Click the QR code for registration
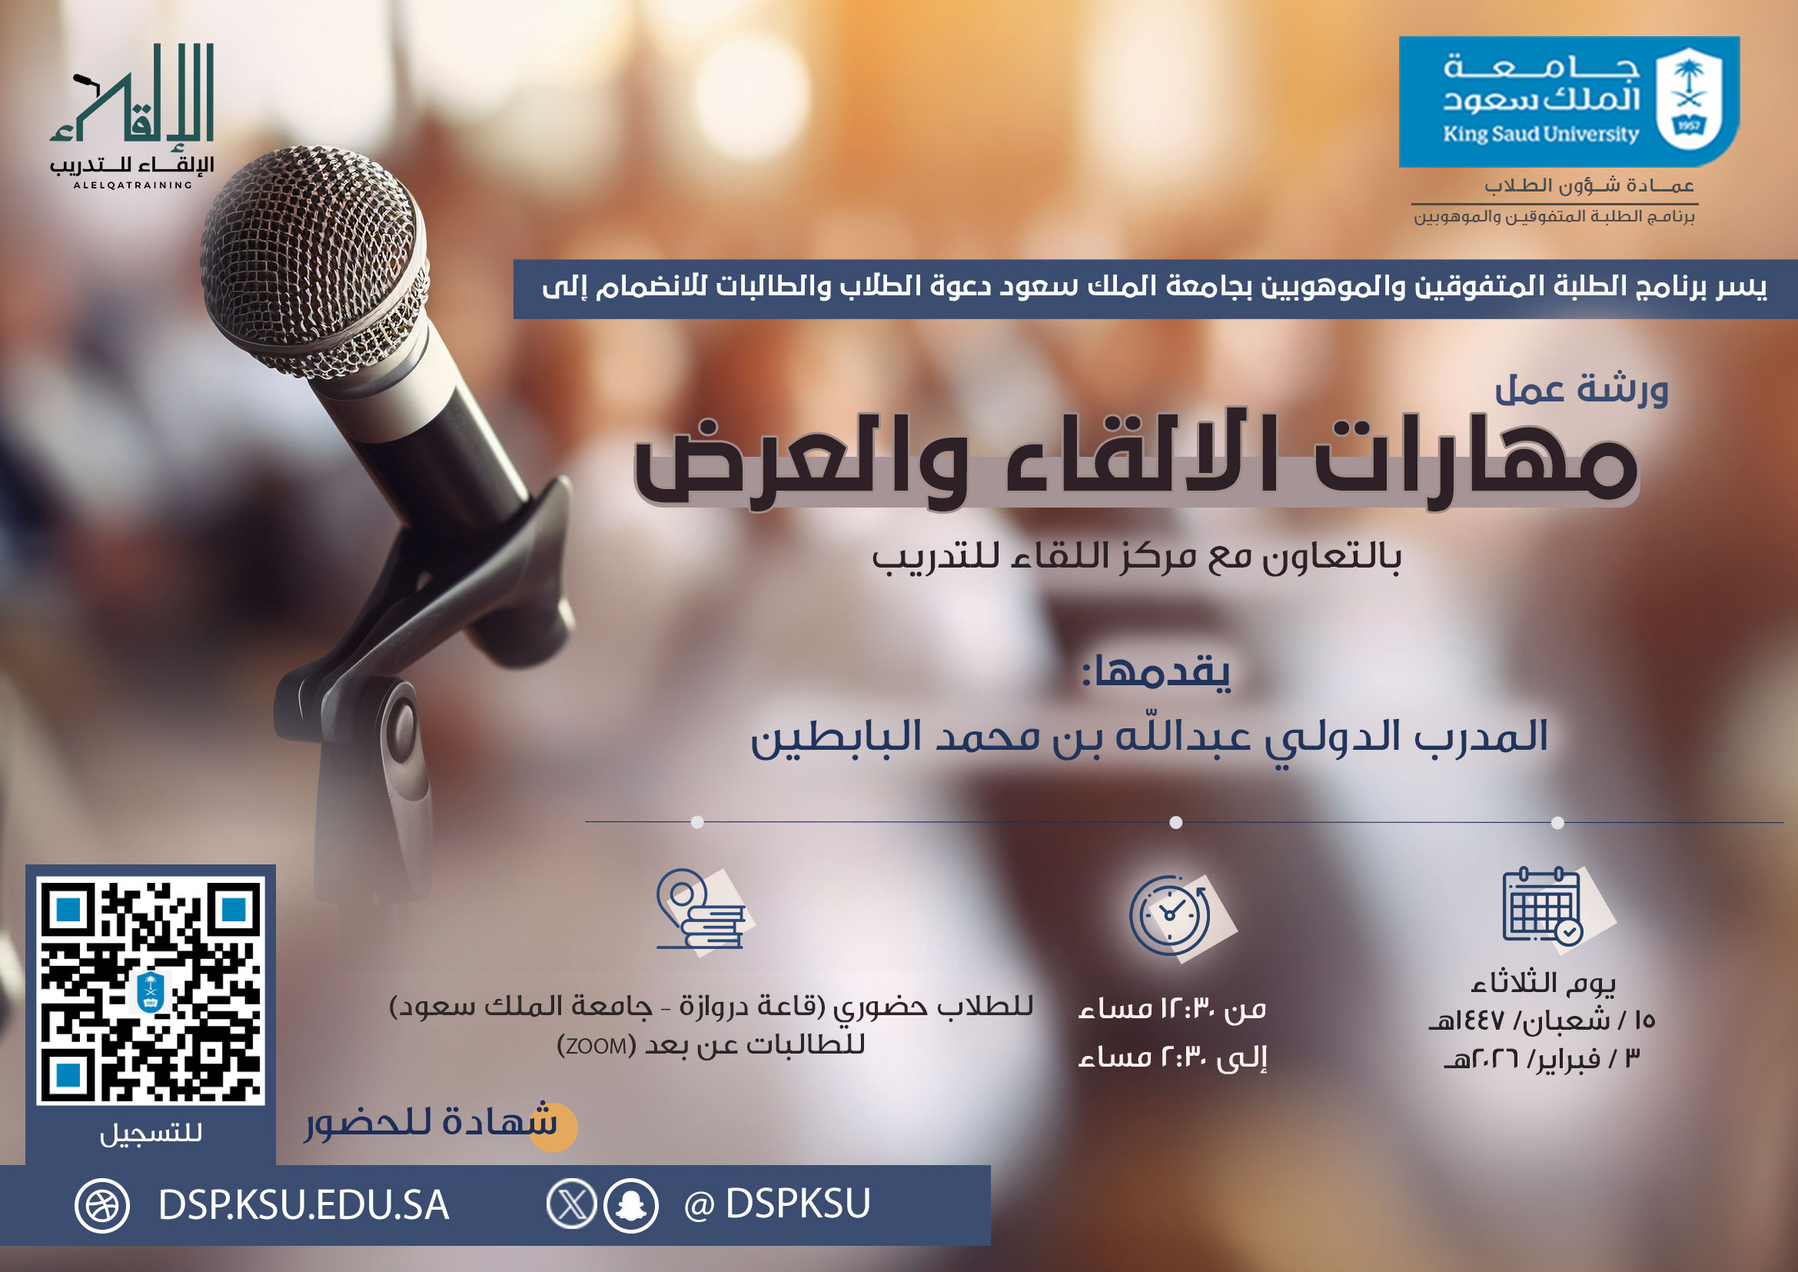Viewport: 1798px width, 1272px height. (x=151, y=990)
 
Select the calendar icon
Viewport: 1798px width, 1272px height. (x=1543, y=907)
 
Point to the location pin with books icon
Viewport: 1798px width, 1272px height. (x=700, y=910)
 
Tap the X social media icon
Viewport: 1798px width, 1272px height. (x=572, y=1204)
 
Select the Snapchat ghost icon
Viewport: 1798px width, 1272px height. (x=630, y=1204)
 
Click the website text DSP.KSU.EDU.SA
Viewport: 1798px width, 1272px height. (x=303, y=1204)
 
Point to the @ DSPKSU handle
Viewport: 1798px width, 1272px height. (x=777, y=1204)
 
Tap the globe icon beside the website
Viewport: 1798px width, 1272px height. (x=101, y=1205)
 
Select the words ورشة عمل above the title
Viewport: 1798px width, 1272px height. (x=1581, y=389)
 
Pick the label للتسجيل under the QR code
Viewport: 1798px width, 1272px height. (x=151, y=1133)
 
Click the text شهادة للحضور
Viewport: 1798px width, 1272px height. (x=430, y=1122)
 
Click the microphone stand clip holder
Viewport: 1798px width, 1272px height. (x=470, y=595)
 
